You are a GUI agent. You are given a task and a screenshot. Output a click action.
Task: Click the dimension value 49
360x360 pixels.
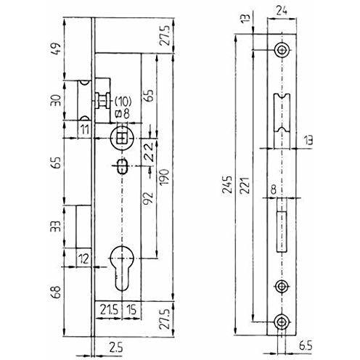56,49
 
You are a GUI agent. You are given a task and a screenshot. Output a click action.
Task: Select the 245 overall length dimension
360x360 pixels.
227,185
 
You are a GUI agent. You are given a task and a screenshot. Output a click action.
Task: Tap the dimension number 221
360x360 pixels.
245,185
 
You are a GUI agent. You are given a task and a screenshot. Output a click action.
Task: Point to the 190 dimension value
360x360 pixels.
164,177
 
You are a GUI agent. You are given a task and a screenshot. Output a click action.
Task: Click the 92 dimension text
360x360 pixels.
148,198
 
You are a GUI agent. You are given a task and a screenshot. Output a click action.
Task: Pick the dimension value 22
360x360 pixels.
148,152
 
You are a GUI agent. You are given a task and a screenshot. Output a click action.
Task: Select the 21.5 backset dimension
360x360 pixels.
109,310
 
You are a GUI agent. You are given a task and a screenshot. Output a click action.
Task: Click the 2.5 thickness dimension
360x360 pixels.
116,348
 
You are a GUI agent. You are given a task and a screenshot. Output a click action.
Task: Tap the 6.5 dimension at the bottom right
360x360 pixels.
306,346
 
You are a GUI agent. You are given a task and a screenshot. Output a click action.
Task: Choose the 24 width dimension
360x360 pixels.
282,11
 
